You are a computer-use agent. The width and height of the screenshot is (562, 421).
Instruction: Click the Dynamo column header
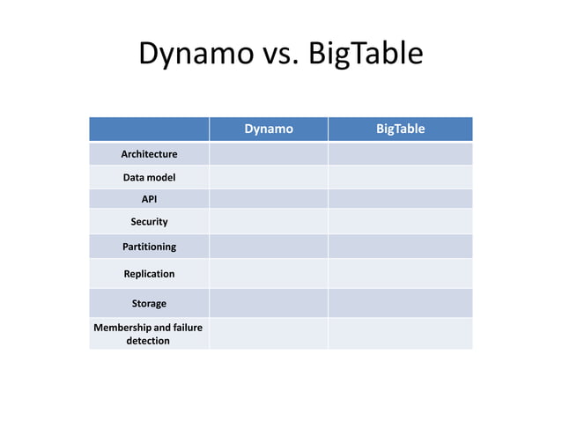[269, 129]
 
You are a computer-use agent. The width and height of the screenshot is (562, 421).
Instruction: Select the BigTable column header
[400, 129]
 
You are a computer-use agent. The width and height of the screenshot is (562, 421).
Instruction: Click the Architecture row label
[149, 154]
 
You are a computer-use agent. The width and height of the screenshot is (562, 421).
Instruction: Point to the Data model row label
[149, 178]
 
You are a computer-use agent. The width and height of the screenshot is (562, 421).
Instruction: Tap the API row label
[149, 199]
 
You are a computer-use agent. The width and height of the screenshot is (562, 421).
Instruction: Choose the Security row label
[149, 222]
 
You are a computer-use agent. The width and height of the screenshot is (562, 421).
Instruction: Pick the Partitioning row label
[149, 247]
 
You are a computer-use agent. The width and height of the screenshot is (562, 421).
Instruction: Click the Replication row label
[149, 274]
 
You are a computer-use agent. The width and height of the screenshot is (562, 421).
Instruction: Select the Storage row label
[149, 304]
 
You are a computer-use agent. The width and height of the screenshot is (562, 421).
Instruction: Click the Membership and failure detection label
[149, 334]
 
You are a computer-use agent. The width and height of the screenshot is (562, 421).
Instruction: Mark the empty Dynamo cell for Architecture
[269, 154]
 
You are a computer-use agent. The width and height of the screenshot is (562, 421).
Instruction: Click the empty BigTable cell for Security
[400, 222]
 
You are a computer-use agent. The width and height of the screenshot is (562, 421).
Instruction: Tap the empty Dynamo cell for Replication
[269, 274]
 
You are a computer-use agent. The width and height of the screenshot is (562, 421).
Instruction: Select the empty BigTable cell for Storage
[400, 304]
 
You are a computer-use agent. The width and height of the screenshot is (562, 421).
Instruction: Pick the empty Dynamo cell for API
[269, 199]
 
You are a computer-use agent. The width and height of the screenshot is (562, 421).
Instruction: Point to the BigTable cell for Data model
[400, 178]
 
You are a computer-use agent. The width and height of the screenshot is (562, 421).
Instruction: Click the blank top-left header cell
[149, 129]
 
